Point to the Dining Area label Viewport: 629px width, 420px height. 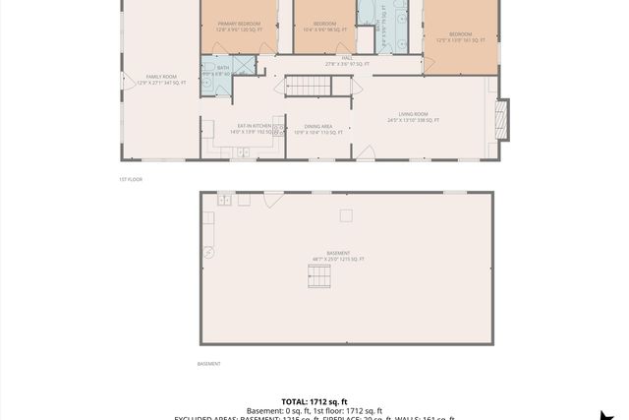coord(318,128)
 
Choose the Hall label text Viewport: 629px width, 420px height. coord(347,61)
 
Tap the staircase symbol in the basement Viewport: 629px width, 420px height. coord(319,277)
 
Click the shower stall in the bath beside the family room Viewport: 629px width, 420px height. coord(243,66)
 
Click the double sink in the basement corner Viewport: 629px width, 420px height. coord(225,200)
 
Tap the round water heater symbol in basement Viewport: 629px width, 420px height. coord(208,252)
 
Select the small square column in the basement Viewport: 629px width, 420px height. coord(345,215)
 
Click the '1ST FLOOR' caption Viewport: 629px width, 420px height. coord(130,179)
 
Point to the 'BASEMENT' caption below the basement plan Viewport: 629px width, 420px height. coord(208,363)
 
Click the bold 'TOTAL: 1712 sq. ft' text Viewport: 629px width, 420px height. coord(314,401)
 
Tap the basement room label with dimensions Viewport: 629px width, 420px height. coord(338,256)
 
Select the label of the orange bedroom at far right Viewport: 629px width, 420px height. coord(460,37)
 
